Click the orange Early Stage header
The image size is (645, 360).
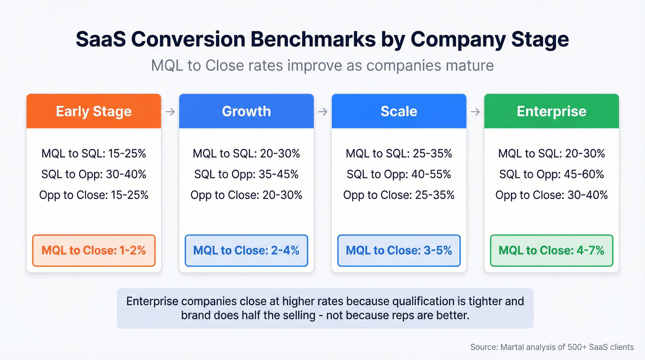94,111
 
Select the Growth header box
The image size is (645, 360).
246,111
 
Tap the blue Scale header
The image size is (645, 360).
399,111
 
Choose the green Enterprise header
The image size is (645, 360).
551,111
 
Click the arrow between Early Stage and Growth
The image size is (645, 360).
170,112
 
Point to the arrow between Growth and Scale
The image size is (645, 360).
322,112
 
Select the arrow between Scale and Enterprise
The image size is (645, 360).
475,112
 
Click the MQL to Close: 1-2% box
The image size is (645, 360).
94,250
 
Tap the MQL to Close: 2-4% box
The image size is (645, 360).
246,250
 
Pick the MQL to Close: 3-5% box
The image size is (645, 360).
399,250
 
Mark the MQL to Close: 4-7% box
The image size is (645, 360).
551,250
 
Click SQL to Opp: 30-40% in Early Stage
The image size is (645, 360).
94,174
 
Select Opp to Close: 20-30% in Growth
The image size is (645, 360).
246,195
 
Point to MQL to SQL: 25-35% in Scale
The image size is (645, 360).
399,153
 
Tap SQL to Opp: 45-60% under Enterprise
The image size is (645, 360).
551,174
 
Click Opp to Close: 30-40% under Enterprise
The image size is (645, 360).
551,195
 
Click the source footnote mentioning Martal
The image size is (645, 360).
552,347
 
